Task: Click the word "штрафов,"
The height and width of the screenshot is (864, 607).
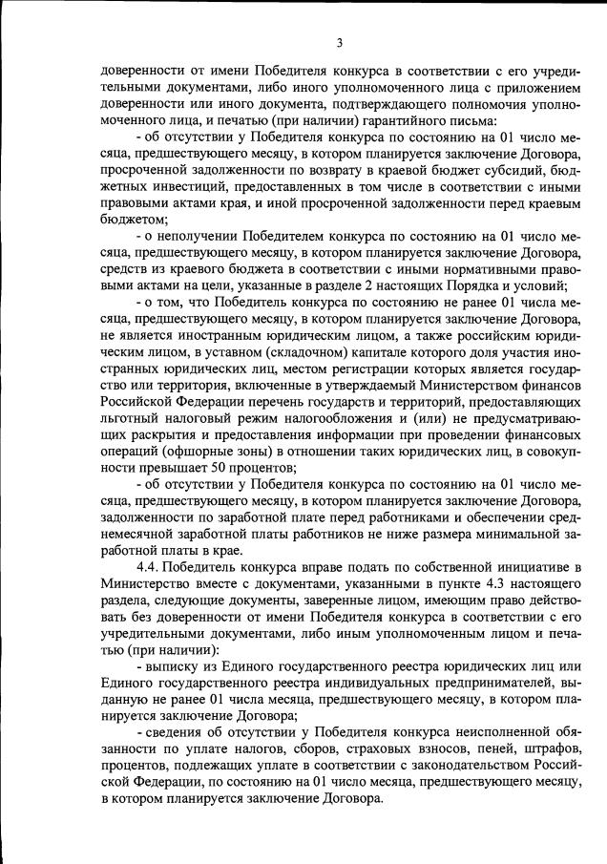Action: coord(549,755)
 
